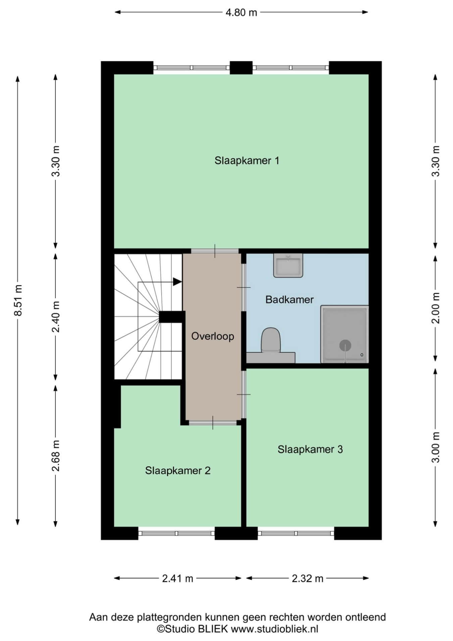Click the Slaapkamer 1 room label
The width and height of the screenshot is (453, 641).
pyautogui.click(x=247, y=161)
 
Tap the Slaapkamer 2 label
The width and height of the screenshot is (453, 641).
pyautogui.click(x=178, y=470)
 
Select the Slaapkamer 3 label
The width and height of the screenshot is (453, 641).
pyautogui.click(x=310, y=449)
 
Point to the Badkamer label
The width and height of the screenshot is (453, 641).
pyautogui.click(x=289, y=300)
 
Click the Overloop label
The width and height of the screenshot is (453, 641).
pyautogui.click(x=213, y=336)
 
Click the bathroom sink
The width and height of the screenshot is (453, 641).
pyautogui.click(x=288, y=265)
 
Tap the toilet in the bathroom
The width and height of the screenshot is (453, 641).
pyautogui.click(x=271, y=340)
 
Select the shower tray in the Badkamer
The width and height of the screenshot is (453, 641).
pyautogui.click(x=345, y=334)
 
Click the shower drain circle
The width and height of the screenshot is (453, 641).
pyautogui.click(x=345, y=345)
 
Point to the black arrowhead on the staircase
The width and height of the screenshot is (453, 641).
pyautogui.click(x=177, y=282)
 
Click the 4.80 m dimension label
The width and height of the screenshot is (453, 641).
pyautogui.click(x=241, y=13)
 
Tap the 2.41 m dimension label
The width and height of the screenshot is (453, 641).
pyautogui.click(x=178, y=578)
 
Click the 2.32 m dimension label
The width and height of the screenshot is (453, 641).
pyautogui.click(x=308, y=578)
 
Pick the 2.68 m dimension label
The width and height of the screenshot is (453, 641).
pyautogui.click(x=55, y=456)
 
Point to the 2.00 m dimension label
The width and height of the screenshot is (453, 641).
pyautogui.click(x=435, y=308)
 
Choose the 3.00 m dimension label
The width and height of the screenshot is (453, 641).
pyautogui.click(x=435, y=447)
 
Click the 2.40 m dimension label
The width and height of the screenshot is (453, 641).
pyautogui.click(x=55, y=316)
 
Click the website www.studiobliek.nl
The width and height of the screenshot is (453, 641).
pyautogui.click(x=275, y=629)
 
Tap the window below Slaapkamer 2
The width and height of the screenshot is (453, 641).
pyautogui.click(x=177, y=533)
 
